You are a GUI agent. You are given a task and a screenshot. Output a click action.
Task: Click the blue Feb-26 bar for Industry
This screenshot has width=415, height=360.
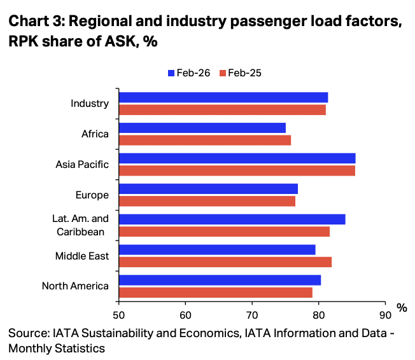223,97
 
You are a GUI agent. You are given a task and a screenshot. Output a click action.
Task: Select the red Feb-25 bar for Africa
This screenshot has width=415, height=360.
204,140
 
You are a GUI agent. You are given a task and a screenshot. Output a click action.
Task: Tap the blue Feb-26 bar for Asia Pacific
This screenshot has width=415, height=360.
237,158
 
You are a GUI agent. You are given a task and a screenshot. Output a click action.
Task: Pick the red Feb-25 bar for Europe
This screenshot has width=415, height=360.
207,201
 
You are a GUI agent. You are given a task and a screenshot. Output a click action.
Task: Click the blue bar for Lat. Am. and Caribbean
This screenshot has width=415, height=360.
232,219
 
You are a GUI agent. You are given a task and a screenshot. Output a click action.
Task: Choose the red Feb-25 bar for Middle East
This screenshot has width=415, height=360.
225,262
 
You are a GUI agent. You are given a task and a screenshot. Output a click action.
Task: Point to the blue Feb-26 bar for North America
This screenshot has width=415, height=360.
220,280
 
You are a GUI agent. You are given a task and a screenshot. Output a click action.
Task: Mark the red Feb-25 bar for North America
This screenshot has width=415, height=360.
215,293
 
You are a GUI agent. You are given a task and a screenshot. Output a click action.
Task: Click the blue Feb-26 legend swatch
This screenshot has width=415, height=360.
171,73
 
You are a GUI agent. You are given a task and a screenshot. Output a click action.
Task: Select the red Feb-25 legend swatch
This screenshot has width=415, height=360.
223,73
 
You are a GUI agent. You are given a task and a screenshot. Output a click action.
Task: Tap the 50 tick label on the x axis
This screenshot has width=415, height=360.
119,314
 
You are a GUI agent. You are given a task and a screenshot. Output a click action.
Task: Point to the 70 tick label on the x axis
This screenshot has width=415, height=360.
252,314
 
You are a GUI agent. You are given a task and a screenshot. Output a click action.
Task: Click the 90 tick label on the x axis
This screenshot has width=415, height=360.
385,314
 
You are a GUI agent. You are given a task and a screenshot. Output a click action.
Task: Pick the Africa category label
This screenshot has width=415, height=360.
95,134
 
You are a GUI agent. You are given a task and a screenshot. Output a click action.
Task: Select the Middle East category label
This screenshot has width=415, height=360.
83,256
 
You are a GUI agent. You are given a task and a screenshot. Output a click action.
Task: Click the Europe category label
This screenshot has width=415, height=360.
92,195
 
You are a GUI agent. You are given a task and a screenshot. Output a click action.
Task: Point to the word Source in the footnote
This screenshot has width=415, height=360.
28,333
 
